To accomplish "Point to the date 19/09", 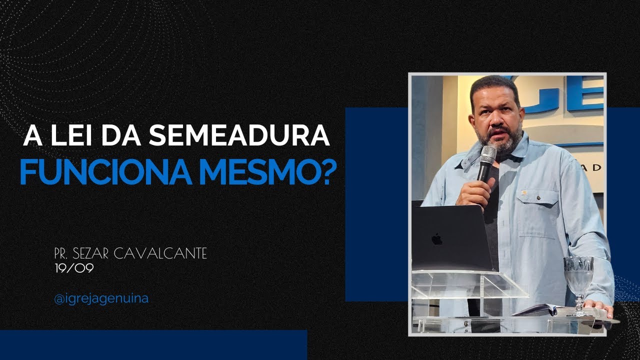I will coord(75,268).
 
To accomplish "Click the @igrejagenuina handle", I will coord(101,299).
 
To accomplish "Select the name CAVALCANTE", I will coord(160,254).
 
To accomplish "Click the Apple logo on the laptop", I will coord(437,239).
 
